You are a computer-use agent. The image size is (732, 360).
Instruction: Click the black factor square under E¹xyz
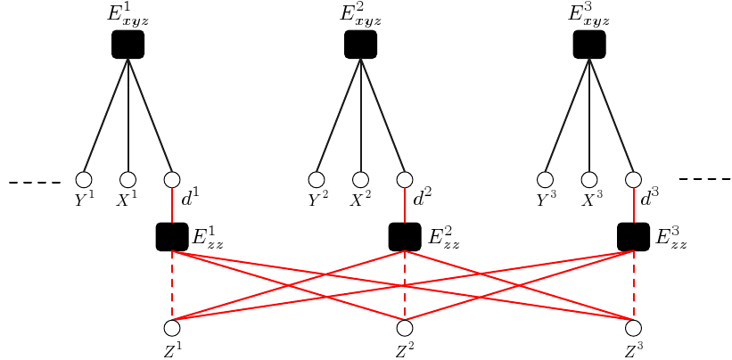pyautogui.click(x=127, y=45)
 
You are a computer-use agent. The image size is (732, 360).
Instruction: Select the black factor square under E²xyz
pyautogui.click(x=360, y=45)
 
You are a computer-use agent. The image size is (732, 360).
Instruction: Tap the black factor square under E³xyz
pyautogui.click(x=589, y=45)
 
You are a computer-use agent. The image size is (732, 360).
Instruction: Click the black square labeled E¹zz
pyautogui.click(x=172, y=237)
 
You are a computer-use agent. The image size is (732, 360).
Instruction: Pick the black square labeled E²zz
pyautogui.click(x=405, y=237)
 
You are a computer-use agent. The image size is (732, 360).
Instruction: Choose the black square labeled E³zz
pyautogui.click(x=634, y=237)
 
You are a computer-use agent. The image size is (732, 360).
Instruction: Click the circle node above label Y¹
pyautogui.click(x=84, y=180)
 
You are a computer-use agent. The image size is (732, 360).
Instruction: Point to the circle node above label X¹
pyautogui.click(x=127, y=180)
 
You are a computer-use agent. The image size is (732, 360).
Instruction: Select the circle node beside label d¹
pyautogui.click(x=172, y=180)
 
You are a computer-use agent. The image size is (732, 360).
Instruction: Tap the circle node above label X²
pyautogui.click(x=360, y=180)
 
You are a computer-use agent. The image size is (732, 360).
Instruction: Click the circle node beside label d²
pyautogui.click(x=405, y=180)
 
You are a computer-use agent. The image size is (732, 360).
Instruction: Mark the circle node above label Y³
pyautogui.click(x=545, y=180)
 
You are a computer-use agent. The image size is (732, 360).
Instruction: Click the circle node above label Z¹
pyautogui.click(x=172, y=327)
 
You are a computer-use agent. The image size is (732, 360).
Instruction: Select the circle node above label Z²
pyautogui.click(x=405, y=327)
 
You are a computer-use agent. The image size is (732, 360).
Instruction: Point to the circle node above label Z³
pyautogui.click(x=634, y=327)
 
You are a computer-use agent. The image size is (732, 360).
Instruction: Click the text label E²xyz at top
pyautogui.click(x=360, y=15)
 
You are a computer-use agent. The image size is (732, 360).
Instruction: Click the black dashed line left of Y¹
pyautogui.click(x=34, y=183)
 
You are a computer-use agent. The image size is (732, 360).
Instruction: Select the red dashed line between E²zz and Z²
pyautogui.click(x=405, y=285)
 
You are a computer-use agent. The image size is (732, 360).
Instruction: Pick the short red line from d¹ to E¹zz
pyautogui.click(x=172, y=206)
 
